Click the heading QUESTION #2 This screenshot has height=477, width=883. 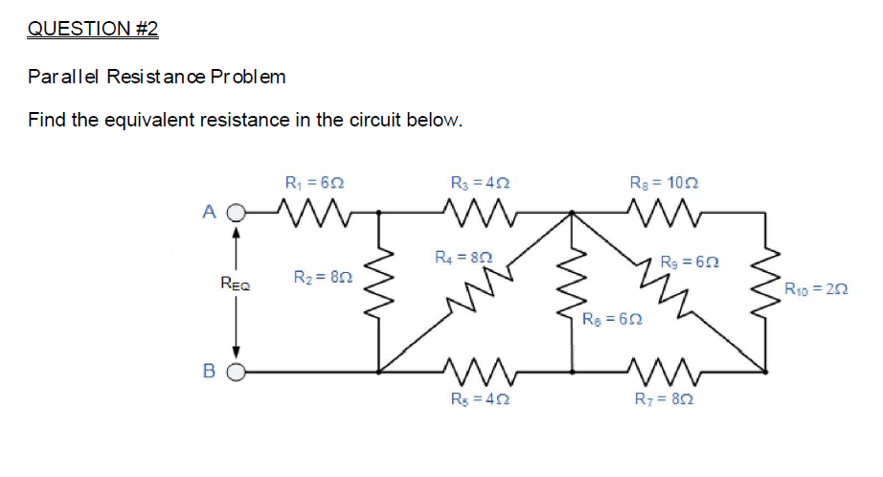[x=93, y=29]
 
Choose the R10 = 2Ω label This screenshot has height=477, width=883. [x=815, y=288]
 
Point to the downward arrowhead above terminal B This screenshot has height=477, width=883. [x=236, y=352]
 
